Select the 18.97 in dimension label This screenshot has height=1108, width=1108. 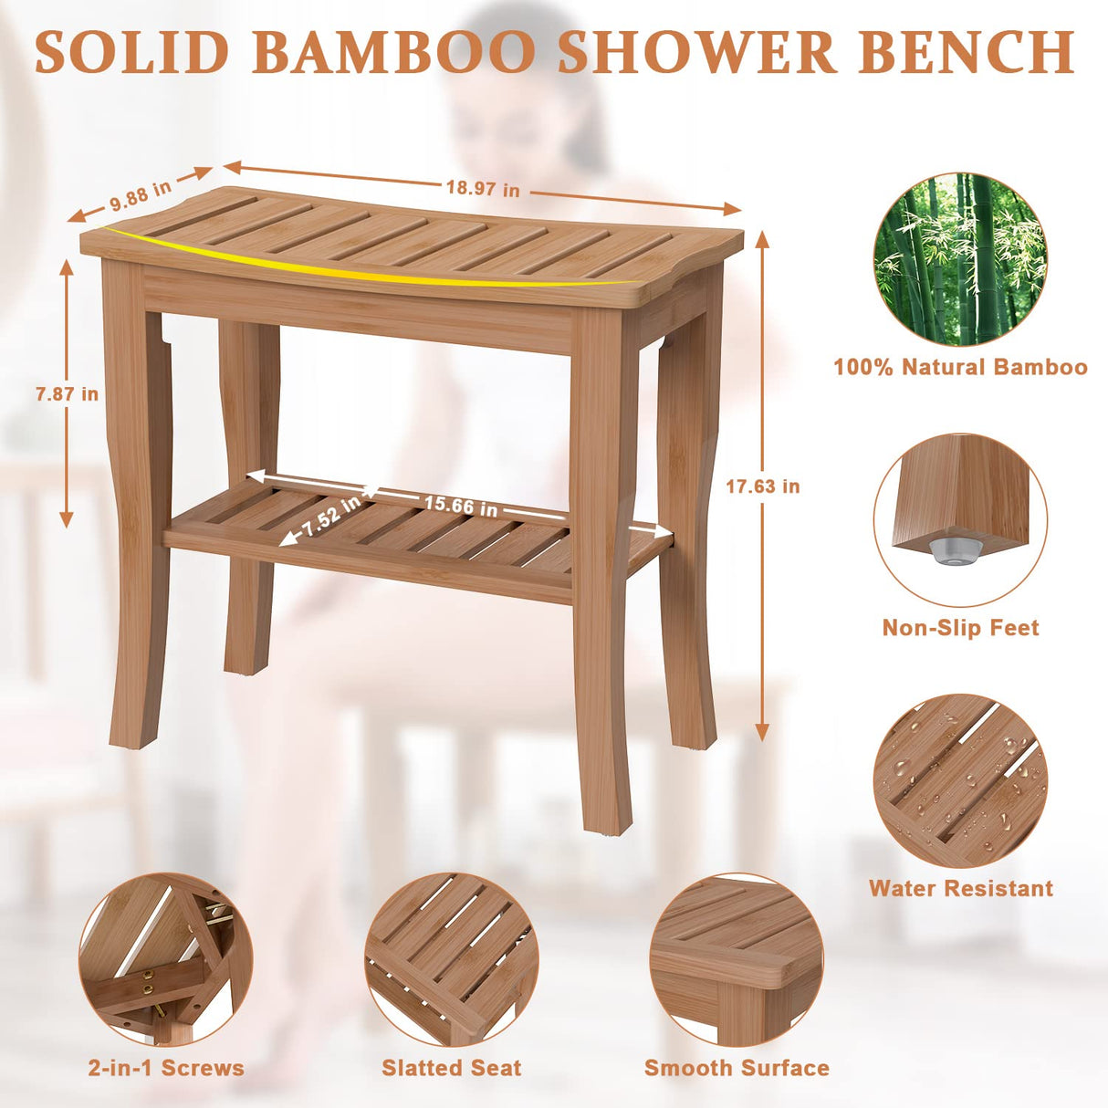pos(483,188)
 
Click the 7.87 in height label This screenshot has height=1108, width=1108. pos(67,394)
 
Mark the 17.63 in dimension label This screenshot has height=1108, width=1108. pos(763,486)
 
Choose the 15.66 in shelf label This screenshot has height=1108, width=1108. pos(461,506)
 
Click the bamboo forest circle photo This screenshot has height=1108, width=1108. pos(959,259)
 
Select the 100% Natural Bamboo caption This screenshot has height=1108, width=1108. pos(960,367)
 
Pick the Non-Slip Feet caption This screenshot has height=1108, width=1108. pos(960,628)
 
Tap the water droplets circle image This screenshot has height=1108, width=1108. pos(959,781)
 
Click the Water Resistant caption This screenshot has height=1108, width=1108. pos(960,888)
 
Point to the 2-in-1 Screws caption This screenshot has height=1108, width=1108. pos(166,1068)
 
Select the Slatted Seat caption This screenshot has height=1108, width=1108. pos(452,1068)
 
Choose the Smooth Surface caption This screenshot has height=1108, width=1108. pos(737,1068)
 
